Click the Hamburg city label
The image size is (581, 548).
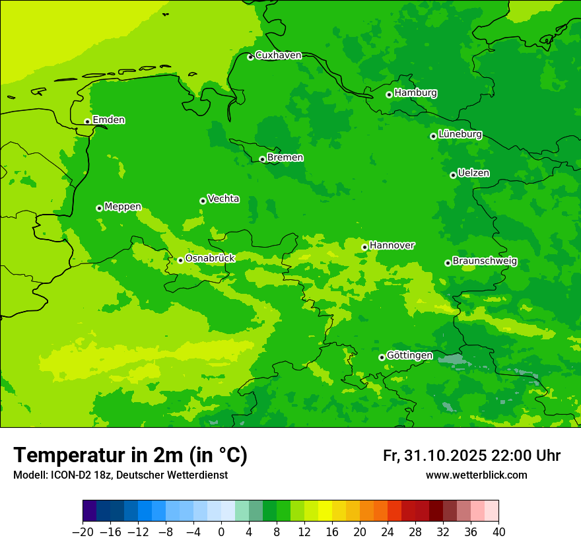415,93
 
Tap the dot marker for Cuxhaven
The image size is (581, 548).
250,57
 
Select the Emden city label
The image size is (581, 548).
108,120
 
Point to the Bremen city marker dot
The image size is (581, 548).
262,159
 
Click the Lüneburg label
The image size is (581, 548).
460,134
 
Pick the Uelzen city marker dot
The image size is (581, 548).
453,175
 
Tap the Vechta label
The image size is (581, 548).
223,199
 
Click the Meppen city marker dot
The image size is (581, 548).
99,208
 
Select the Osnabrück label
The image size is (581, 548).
209,258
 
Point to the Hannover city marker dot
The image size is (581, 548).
364,247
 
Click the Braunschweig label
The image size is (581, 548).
485,261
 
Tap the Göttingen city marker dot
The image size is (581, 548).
382,357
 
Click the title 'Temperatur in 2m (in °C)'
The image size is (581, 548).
130,455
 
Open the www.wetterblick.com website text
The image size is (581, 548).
476,475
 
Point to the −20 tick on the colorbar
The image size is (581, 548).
83,532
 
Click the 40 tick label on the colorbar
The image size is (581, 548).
498,532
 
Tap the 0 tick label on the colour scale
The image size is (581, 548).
221,532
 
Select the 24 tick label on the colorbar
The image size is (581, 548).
388,532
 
